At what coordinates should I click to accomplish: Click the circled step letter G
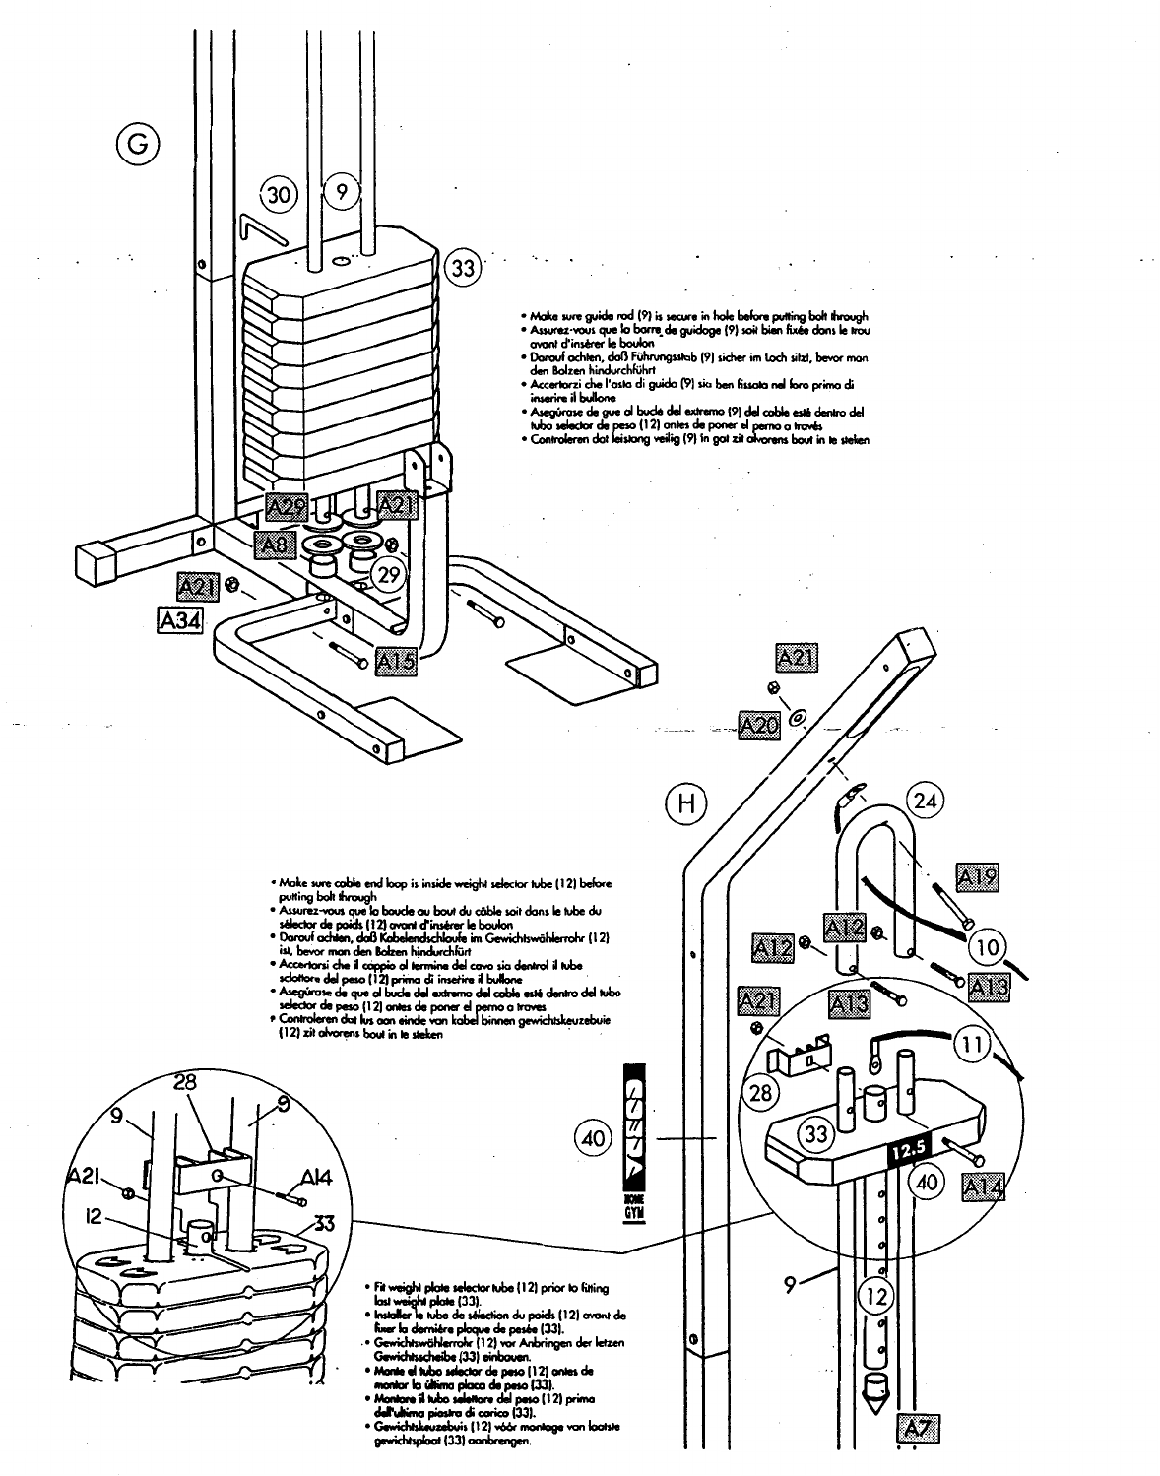[136, 144]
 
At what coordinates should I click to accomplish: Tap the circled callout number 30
[279, 194]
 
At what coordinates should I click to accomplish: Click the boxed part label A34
[179, 620]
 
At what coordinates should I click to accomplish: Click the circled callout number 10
[988, 947]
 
